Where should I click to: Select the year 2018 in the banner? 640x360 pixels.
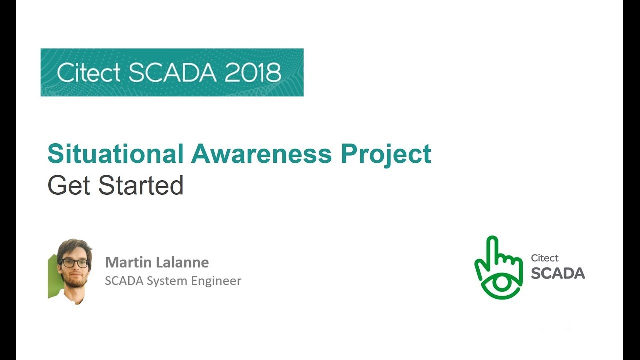[253, 73]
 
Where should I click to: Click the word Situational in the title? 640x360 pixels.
[115, 154]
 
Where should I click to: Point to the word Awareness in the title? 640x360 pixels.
[261, 154]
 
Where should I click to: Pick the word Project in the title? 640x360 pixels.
[386, 154]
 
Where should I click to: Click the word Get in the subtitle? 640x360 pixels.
[69, 185]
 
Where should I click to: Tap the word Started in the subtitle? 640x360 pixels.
[141, 185]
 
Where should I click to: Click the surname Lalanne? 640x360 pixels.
[183, 262]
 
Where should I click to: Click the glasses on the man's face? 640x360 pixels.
[74, 262]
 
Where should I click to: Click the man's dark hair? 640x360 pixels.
[74, 246]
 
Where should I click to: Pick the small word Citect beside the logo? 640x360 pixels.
[545, 258]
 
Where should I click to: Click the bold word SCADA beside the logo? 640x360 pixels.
[558, 273]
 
